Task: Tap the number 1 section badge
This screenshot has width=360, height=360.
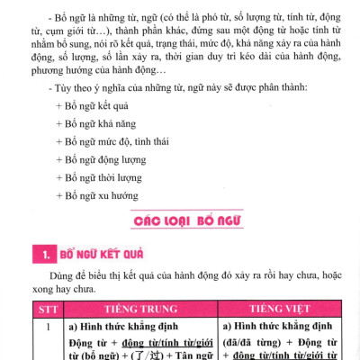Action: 41,255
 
